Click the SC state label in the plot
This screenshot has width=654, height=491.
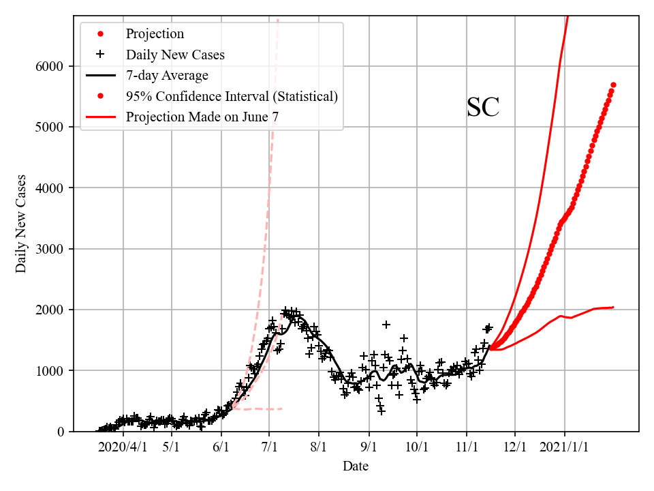[x=483, y=108]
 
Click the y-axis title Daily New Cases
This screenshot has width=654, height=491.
[x=21, y=224]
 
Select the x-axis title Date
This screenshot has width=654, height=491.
[x=356, y=466]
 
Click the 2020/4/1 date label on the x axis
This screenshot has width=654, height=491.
[x=123, y=447]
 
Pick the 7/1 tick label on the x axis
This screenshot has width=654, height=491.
[x=269, y=447]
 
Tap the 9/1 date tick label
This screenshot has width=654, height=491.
[x=369, y=447]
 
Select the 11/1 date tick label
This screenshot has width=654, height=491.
[x=467, y=447]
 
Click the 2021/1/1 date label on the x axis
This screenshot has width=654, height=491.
[x=565, y=447]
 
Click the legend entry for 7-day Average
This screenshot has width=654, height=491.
[x=167, y=75]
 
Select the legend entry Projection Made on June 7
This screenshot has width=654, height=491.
[x=202, y=117]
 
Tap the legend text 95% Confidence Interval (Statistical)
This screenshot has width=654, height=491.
[x=232, y=96]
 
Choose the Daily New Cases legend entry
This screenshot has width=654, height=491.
[x=175, y=55]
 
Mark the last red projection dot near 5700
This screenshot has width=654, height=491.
[x=613, y=85]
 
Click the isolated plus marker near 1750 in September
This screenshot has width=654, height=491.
[x=386, y=325]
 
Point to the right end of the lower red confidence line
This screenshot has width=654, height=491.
[x=613, y=307]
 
